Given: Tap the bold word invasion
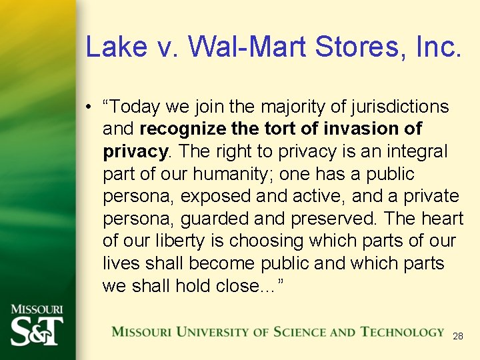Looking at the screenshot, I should [x=366, y=129].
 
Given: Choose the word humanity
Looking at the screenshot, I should [x=233, y=174].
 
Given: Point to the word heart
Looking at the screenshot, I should [x=442, y=219].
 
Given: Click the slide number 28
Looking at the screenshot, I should [x=457, y=336].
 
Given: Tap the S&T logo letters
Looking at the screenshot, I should [x=37, y=330].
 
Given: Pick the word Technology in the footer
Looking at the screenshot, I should [x=402, y=331].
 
